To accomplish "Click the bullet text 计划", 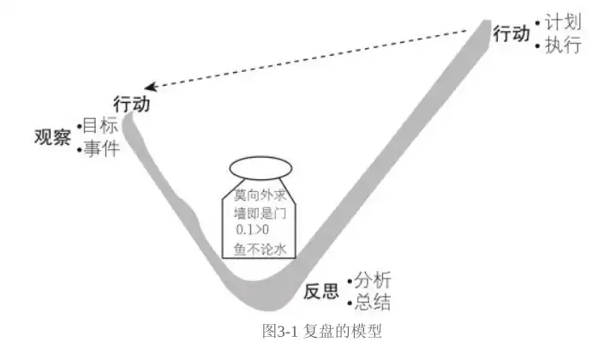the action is [563, 21].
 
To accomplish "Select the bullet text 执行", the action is [563, 45].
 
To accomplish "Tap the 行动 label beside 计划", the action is [511, 33].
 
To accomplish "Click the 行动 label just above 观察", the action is [131, 104].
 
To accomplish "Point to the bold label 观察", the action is [52, 137].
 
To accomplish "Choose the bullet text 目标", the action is [100, 125].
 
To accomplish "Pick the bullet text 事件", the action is [101, 148].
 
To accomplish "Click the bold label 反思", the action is [321, 291].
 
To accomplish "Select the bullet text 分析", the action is [373, 279].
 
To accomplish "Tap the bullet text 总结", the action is [373, 303].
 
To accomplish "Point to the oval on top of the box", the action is [260, 168].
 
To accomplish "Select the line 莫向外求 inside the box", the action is [260, 195].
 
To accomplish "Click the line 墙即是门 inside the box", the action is [260, 213].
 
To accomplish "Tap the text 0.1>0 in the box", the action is [253, 230].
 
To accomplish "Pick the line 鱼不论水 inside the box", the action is [260, 249].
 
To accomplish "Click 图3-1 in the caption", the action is [279, 331].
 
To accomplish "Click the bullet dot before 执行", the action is [538, 46].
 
